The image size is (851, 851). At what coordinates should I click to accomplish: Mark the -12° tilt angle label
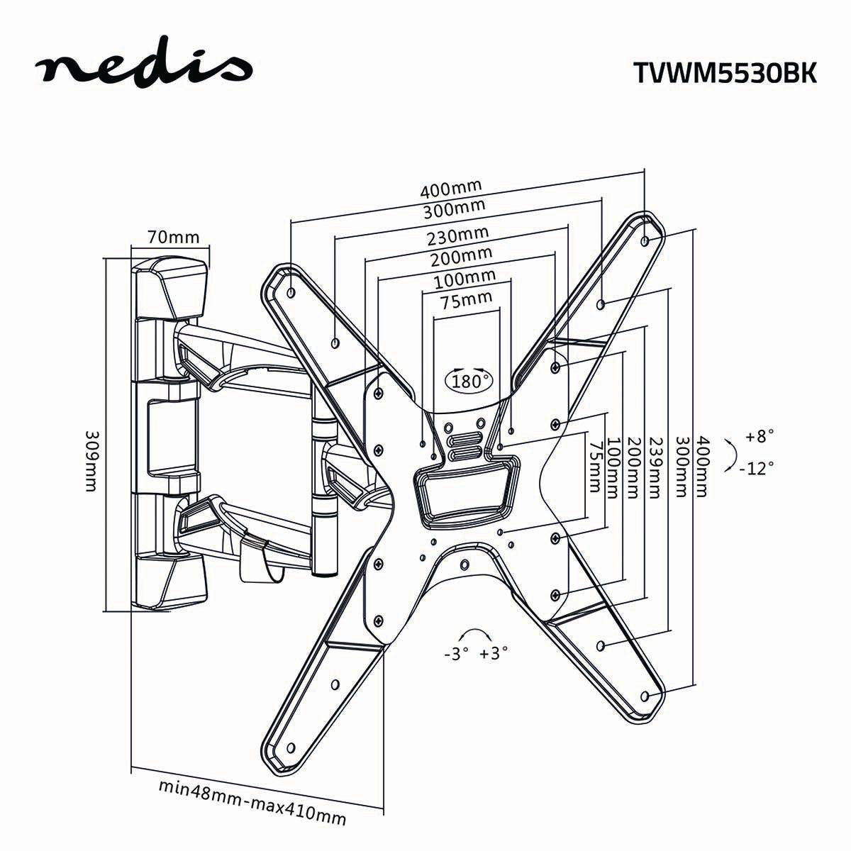click(x=755, y=468)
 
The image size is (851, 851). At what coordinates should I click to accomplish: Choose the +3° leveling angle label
click(x=494, y=654)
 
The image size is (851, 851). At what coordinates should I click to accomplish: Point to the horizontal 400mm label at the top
click(x=450, y=189)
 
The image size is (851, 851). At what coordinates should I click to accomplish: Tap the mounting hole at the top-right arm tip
click(x=644, y=241)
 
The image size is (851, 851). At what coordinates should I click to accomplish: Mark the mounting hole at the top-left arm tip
click(x=291, y=291)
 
